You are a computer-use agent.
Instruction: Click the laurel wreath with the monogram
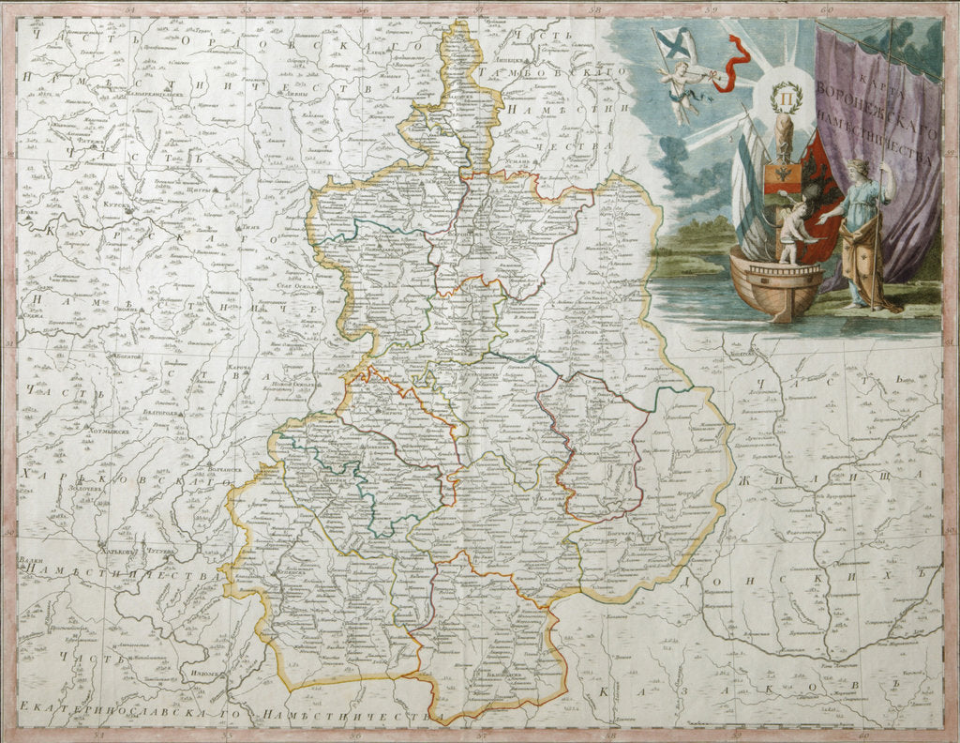pyautogui.click(x=784, y=98)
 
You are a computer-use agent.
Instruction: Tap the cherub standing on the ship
pyautogui.click(x=792, y=231)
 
